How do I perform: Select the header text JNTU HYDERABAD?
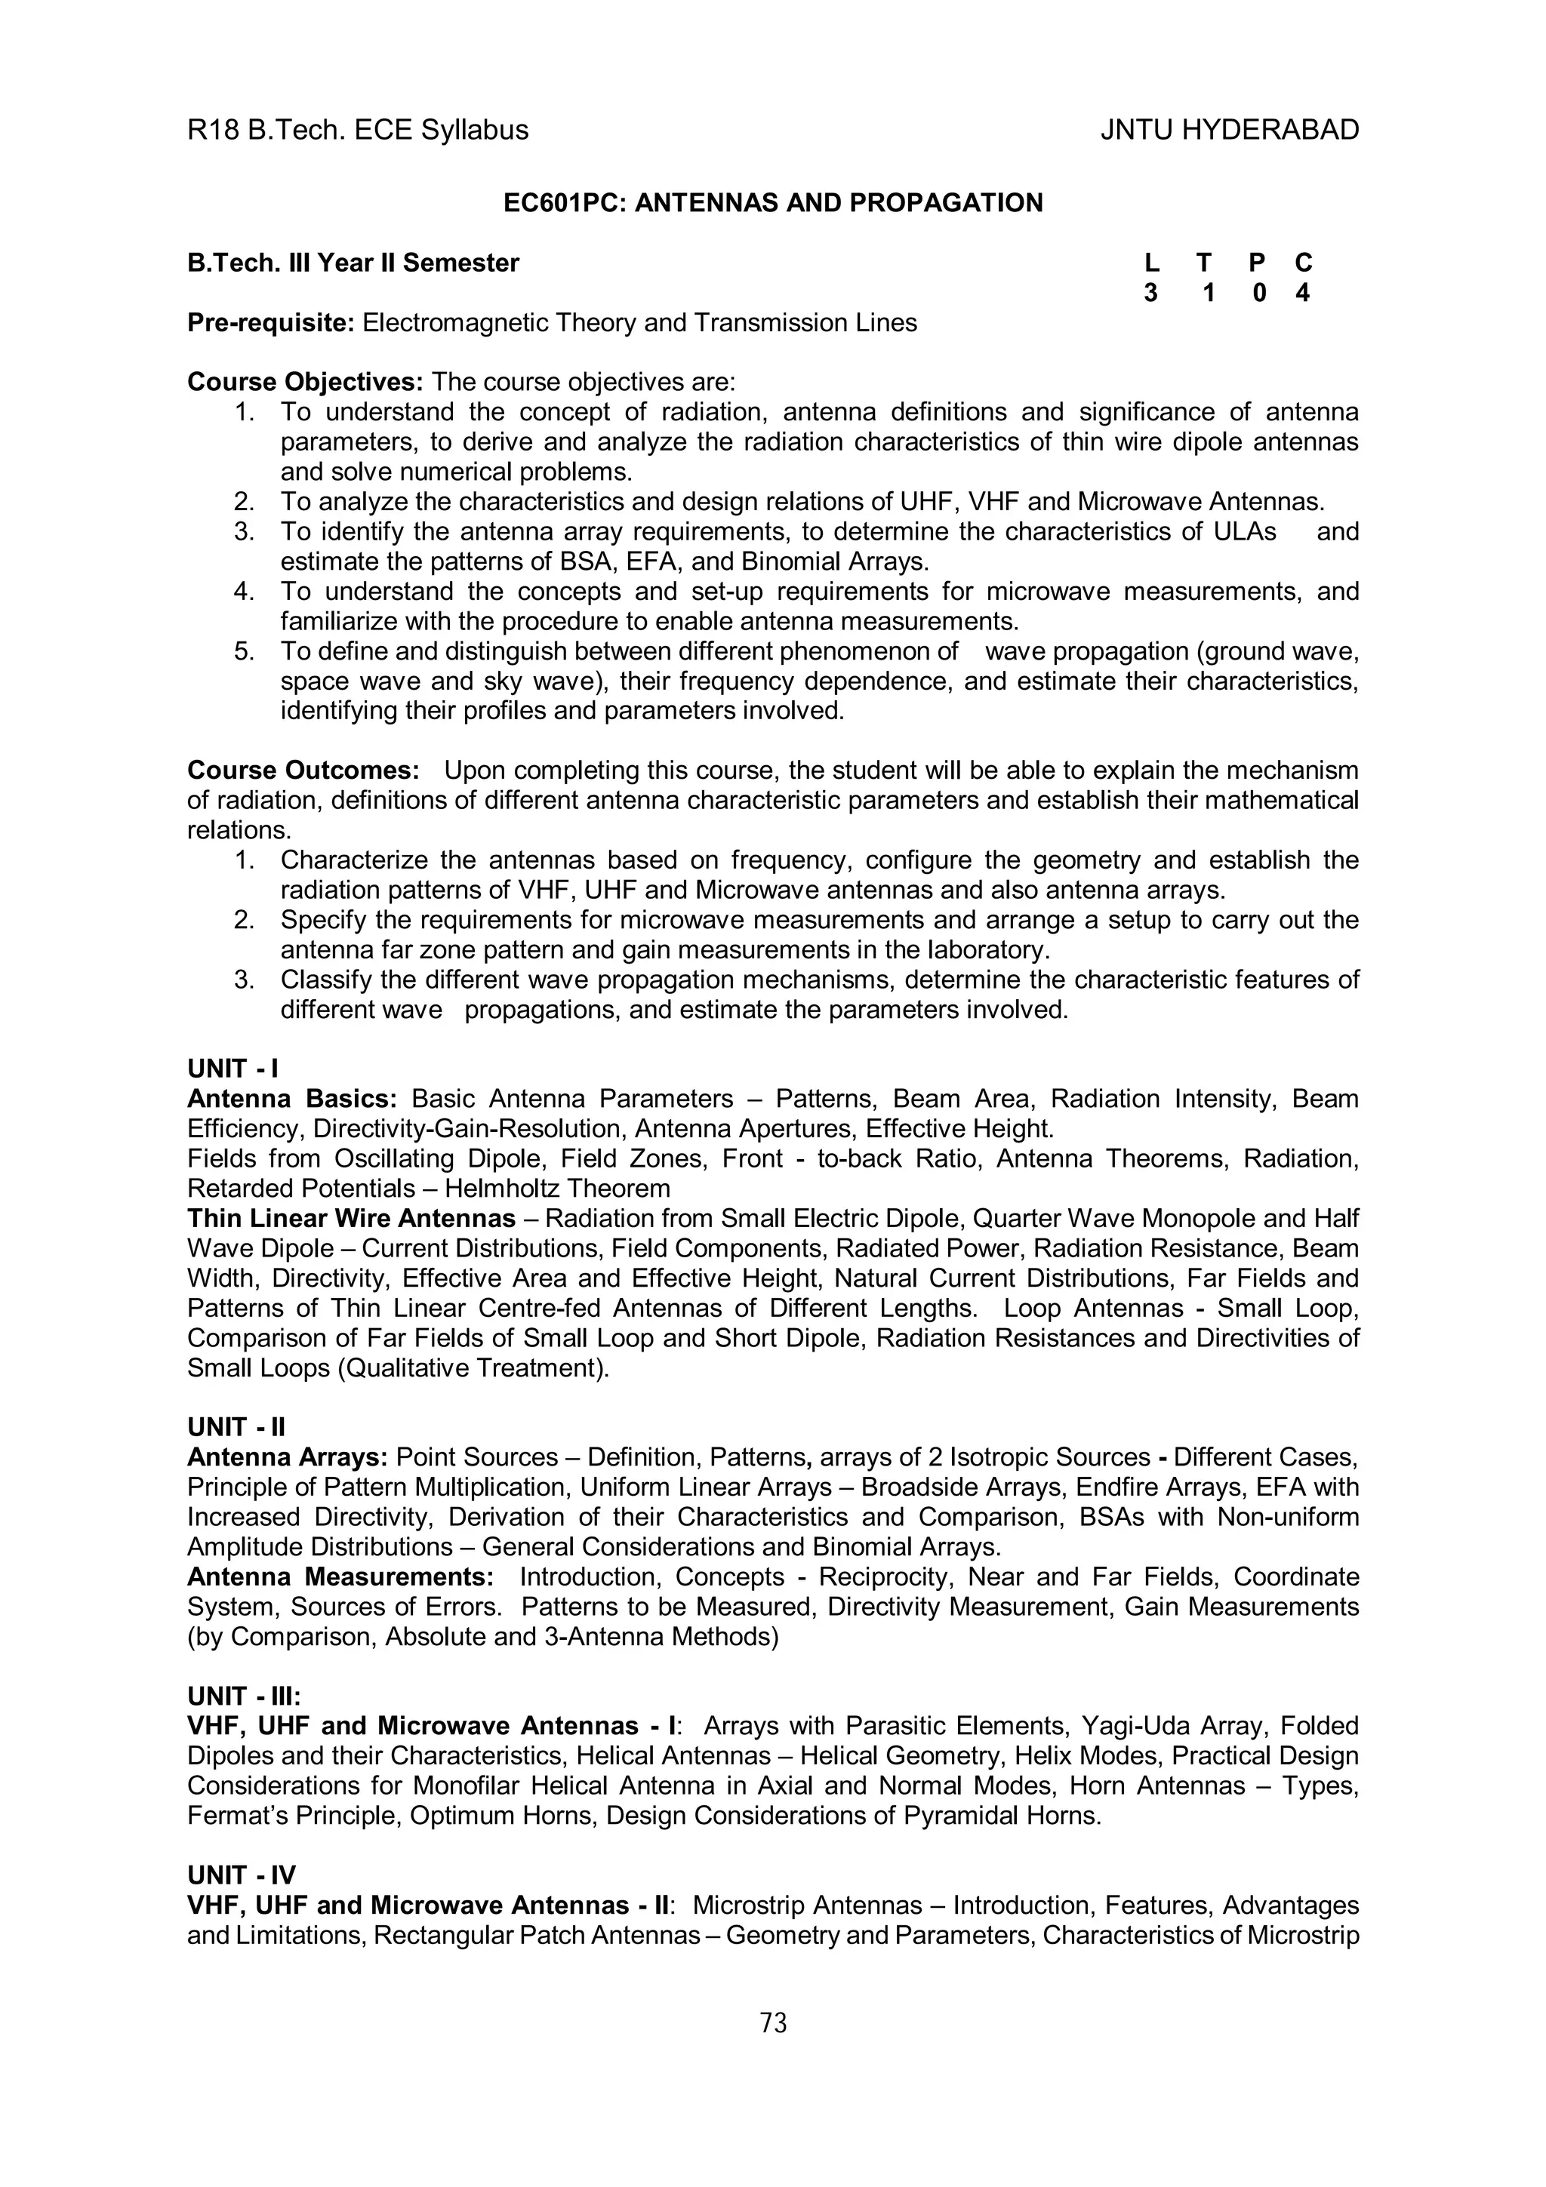pyautogui.click(x=1229, y=130)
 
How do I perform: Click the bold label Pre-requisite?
pyautogui.click(x=270, y=323)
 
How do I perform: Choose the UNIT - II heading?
pyautogui.click(x=236, y=1427)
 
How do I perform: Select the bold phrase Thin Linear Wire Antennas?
pyautogui.click(x=350, y=1218)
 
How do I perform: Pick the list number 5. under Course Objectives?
pyautogui.click(x=244, y=651)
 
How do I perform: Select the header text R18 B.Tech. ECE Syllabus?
pyautogui.click(x=357, y=130)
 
